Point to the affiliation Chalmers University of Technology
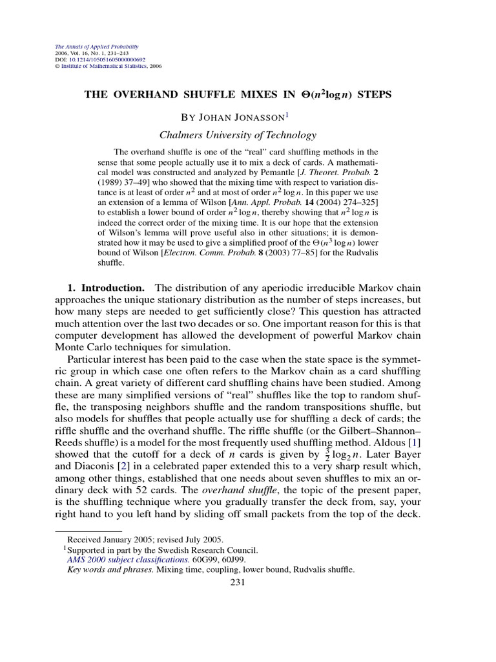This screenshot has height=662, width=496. coord(238,135)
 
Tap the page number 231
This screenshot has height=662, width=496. coord(239,581)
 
